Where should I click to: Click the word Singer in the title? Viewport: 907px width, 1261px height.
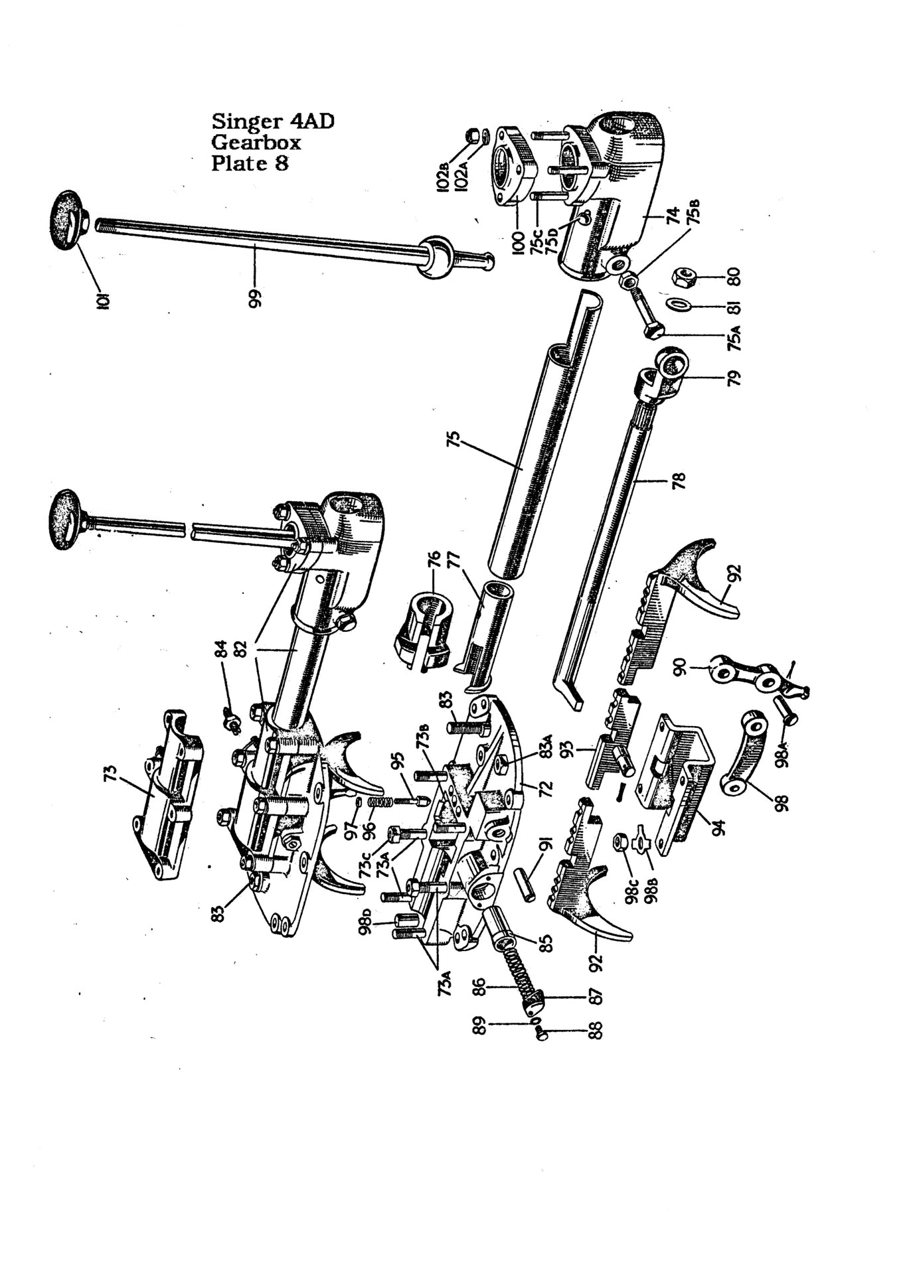click(x=247, y=121)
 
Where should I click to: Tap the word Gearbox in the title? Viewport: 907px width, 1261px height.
click(x=256, y=142)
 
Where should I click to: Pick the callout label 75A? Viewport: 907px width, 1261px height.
click(x=734, y=336)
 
